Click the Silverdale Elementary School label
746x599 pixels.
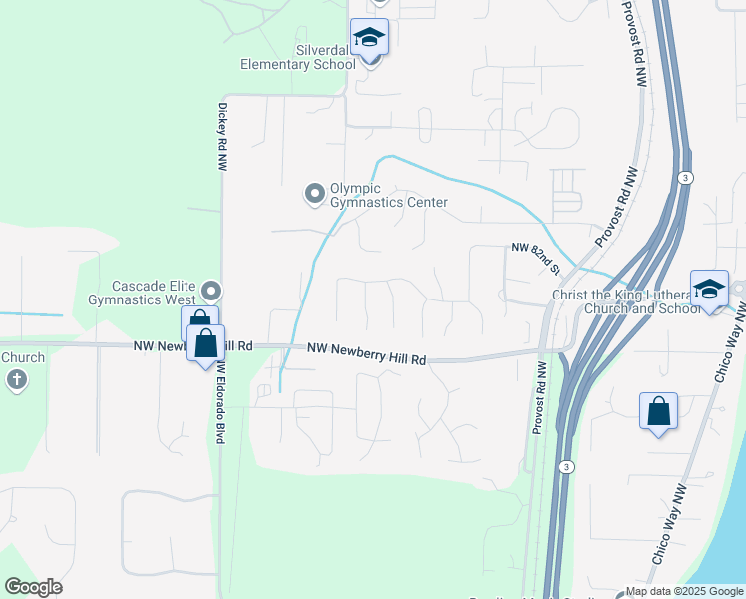pos(297,57)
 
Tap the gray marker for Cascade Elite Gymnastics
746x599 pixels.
pos(211,292)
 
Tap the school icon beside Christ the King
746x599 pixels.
pos(709,290)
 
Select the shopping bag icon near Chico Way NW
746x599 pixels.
pos(658,411)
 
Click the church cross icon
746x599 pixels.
pos(16,379)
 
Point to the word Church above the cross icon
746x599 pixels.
pos(22,357)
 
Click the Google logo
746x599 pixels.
pos(33,587)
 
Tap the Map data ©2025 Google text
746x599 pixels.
pos(684,591)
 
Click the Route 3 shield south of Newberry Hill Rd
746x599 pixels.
pos(566,466)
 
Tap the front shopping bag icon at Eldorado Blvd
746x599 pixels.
pos(205,344)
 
